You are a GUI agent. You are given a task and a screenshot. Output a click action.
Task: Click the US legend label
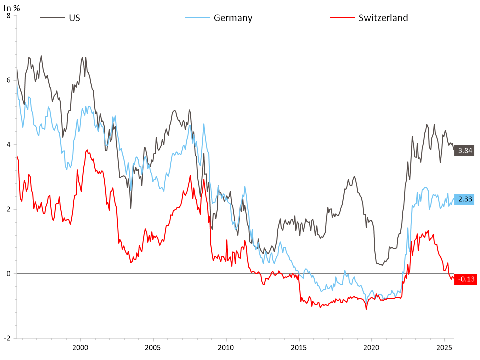point(75,18)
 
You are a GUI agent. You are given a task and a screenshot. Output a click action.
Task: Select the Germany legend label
point(233,18)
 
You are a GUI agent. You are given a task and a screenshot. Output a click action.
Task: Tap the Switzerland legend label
point(383,18)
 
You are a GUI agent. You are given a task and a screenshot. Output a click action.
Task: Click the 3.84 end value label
point(464,150)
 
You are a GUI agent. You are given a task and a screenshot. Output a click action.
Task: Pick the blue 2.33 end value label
point(464,199)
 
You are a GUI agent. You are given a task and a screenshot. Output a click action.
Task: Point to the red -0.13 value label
point(464,279)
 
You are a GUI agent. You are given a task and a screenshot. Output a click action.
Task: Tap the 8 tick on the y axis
point(8,16)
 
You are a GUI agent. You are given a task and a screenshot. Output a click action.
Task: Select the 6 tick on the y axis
point(8,80)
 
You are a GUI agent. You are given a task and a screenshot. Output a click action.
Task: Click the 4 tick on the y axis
point(8,145)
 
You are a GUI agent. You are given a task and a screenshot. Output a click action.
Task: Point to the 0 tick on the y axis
point(8,274)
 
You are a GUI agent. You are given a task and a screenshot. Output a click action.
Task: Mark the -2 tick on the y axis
point(6,338)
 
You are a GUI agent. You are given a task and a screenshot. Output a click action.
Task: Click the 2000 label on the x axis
point(80,347)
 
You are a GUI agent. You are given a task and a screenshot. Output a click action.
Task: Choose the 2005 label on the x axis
point(153,347)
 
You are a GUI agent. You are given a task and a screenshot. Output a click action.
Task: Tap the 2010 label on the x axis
point(226,347)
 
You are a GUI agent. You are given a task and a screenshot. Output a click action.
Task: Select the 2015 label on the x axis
point(299,347)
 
